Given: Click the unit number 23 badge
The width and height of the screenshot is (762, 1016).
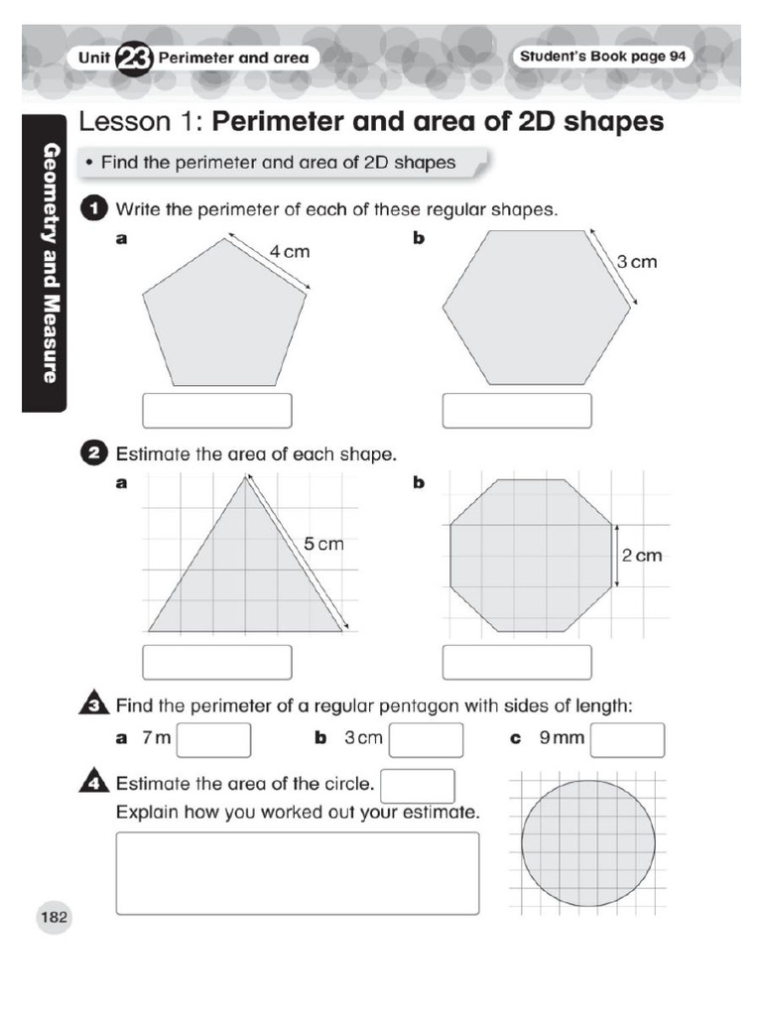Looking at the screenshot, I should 135,58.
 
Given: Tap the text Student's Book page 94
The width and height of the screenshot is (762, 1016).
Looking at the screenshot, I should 602,57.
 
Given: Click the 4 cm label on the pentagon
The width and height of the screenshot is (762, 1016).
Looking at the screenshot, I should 290,252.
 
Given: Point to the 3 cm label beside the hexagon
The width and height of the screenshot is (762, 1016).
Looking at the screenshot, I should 637,262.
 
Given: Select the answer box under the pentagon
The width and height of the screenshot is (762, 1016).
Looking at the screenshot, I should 217,410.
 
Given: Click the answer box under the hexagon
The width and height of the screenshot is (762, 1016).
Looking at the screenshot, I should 517,410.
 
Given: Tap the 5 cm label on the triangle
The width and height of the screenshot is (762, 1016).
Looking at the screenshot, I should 323,544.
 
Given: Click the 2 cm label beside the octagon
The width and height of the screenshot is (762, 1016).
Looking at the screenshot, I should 641,556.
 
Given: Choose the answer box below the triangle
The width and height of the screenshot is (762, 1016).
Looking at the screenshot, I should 217,662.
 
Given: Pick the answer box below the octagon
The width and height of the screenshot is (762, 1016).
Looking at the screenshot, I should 517,662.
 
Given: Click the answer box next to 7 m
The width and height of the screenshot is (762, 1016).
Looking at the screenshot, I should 214,739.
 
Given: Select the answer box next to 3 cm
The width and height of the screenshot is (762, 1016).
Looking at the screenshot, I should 426,739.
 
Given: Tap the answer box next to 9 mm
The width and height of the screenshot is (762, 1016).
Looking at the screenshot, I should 628,739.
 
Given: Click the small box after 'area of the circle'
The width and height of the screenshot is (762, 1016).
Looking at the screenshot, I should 418,785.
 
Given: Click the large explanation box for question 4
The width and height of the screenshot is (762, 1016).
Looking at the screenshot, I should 298,872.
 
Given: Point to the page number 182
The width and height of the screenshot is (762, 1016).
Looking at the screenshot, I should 53,918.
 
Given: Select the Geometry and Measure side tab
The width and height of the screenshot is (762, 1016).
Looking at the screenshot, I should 46,263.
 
